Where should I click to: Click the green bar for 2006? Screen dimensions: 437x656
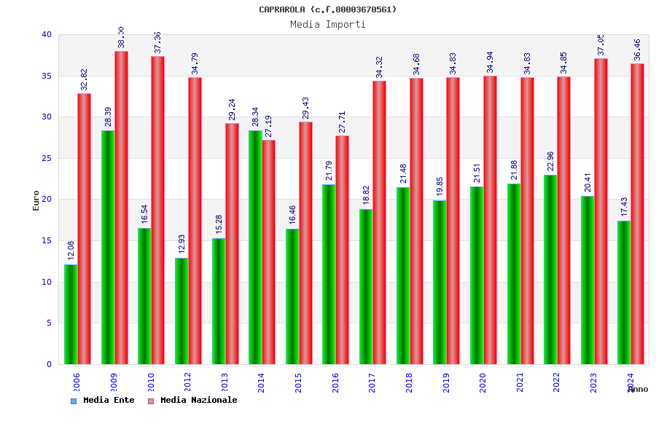[x=71, y=314]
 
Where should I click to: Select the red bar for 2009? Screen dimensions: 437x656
[x=121, y=208]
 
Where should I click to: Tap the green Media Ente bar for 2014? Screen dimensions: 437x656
[x=255, y=247]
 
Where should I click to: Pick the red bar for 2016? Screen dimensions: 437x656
[x=342, y=250]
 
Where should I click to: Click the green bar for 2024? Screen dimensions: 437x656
[x=624, y=292]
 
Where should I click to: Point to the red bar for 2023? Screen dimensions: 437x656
[x=601, y=211]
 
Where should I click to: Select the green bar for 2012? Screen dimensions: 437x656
[x=181, y=311]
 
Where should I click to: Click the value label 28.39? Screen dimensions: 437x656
[x=108, y=117]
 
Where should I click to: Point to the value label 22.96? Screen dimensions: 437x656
[x=551, y=161]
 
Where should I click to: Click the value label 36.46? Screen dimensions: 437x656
[x=637, y=49]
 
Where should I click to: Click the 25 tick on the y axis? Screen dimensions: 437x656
[x=47, y=158]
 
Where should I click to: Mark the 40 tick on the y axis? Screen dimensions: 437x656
[x=47, y=34]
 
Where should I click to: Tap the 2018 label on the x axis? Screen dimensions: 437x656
[x=410, y=382]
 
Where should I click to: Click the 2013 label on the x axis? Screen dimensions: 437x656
[x=225, y=382]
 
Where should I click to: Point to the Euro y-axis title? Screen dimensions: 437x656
[x=36, y=200]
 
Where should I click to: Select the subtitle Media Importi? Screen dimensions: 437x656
[x=328, y=24]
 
